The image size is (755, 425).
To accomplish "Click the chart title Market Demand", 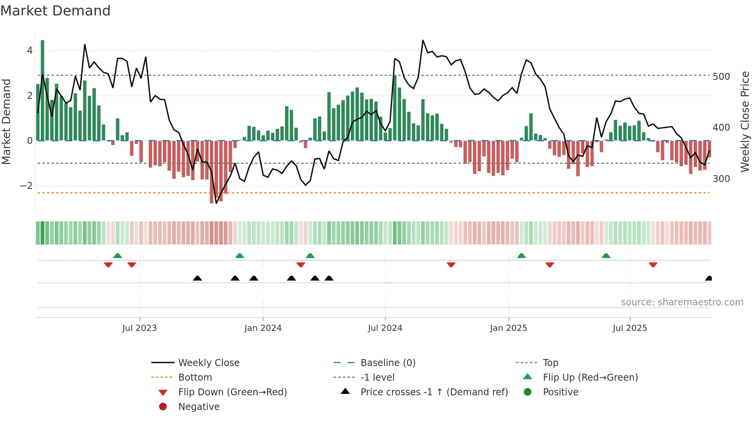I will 55,11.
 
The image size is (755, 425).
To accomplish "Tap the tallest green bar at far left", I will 42,90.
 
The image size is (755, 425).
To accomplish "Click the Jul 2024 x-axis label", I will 385,328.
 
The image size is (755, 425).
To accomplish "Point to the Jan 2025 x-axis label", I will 508,328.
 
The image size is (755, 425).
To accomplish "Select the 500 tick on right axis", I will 721,77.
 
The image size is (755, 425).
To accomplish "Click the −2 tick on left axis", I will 26,186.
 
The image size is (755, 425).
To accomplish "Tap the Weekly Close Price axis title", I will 745,121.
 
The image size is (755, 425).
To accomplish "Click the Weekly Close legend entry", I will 208,363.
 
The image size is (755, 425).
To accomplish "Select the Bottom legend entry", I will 195,377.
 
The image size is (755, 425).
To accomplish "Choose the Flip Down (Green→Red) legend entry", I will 232,392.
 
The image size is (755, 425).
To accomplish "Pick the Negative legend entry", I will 199,406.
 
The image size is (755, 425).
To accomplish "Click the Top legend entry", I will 550,363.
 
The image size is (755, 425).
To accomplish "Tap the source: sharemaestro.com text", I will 682,302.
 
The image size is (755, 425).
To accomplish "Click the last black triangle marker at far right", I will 708,278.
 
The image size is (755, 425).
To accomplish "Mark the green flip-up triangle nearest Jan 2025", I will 521,256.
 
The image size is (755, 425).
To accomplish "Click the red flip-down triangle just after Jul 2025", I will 653,265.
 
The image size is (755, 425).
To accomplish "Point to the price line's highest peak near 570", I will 423,40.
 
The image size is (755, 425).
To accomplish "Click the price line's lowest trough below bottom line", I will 216,203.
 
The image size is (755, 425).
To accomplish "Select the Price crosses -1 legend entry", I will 434,392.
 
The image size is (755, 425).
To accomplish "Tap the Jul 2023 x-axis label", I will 139,328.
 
